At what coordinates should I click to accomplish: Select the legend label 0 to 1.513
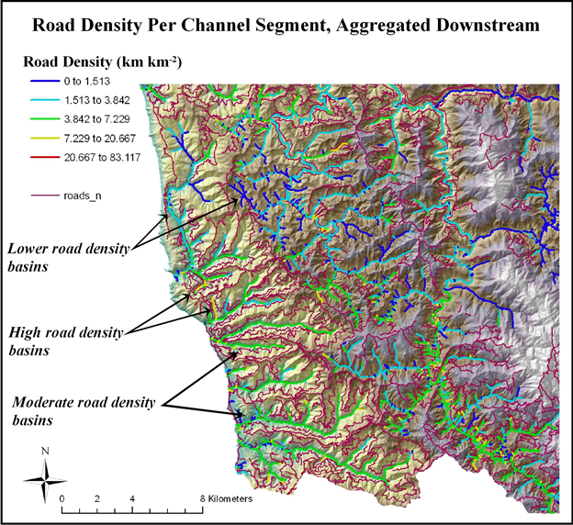[90, 83]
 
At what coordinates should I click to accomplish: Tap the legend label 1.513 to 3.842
[97, 104]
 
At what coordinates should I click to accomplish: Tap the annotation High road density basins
[65, 340]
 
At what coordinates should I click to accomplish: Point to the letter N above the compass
[45, 452]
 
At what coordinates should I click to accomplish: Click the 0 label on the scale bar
[62, 498]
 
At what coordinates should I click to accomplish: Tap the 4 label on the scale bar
[132, 498]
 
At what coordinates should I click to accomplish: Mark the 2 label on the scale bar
[97, 498]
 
